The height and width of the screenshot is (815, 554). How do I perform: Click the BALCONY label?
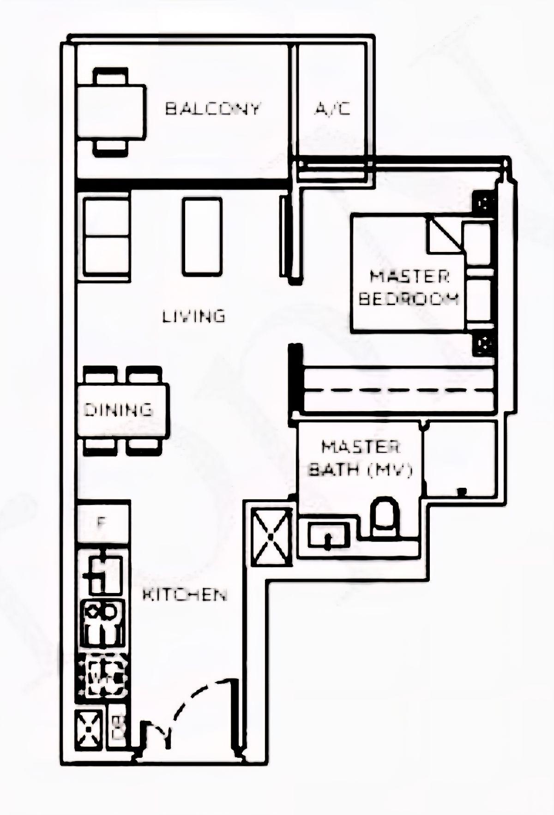[x=213, y=109]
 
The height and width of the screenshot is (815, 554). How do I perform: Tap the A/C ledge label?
[x=332, y=109]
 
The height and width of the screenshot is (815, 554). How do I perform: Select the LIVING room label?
[x=194, y=317]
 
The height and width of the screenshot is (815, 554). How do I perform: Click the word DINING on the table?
[x=118, y=410]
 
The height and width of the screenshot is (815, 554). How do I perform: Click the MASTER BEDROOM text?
[x=409, y=288]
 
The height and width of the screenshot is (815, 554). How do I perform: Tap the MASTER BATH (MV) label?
[x=360, y=459]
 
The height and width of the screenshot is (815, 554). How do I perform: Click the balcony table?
[x=111, y=112]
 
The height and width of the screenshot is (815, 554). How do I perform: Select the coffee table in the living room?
[x=202, y=237]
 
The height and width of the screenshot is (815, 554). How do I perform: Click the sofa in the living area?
[x=107, y=237]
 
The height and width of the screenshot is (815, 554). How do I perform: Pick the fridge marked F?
[x=103, y=523]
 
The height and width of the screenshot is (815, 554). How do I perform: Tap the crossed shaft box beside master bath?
[x=271, y=536]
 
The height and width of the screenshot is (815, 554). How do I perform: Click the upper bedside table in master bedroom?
[x=485, y=203]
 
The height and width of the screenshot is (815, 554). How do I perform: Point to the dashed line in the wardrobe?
[x=397, y=390]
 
